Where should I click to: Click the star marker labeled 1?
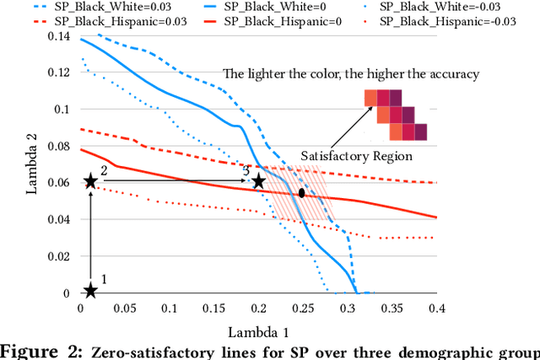click(90, 291)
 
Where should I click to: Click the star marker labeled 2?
click(90, 180)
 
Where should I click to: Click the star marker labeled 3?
click(258, 181)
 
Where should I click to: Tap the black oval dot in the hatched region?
click(301, 193)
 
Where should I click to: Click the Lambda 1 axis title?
click(259, 331)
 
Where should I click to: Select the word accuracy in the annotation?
click(451, 74)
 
